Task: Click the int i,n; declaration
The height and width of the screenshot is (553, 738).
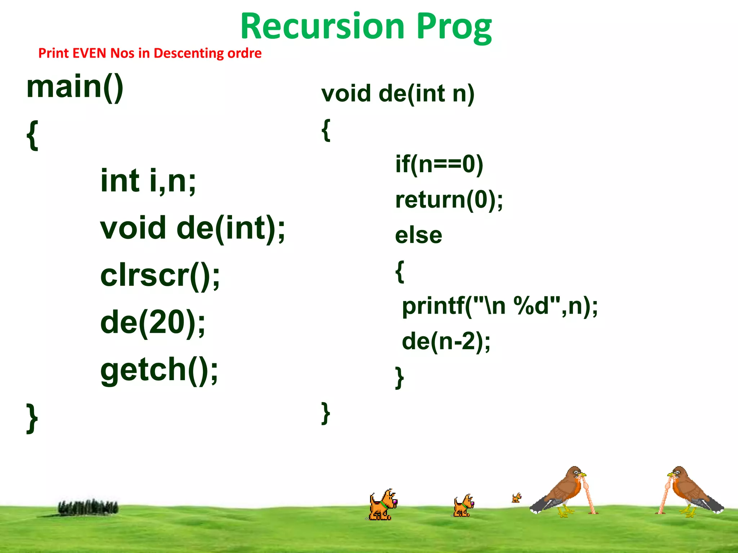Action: coord(148,181)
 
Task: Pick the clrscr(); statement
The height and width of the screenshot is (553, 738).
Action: coord(160,276)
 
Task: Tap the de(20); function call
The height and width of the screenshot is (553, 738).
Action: coord(153,322)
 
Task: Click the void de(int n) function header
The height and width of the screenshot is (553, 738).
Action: coord(397,94)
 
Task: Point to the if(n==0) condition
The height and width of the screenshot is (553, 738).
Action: coord(439,164)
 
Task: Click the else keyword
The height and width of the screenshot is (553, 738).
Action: coord(418,235)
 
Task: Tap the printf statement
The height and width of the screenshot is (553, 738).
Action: coord(499,306)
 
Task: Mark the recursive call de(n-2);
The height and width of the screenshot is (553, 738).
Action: coord(446,341)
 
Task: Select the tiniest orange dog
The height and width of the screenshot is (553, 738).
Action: coord(516,498)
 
